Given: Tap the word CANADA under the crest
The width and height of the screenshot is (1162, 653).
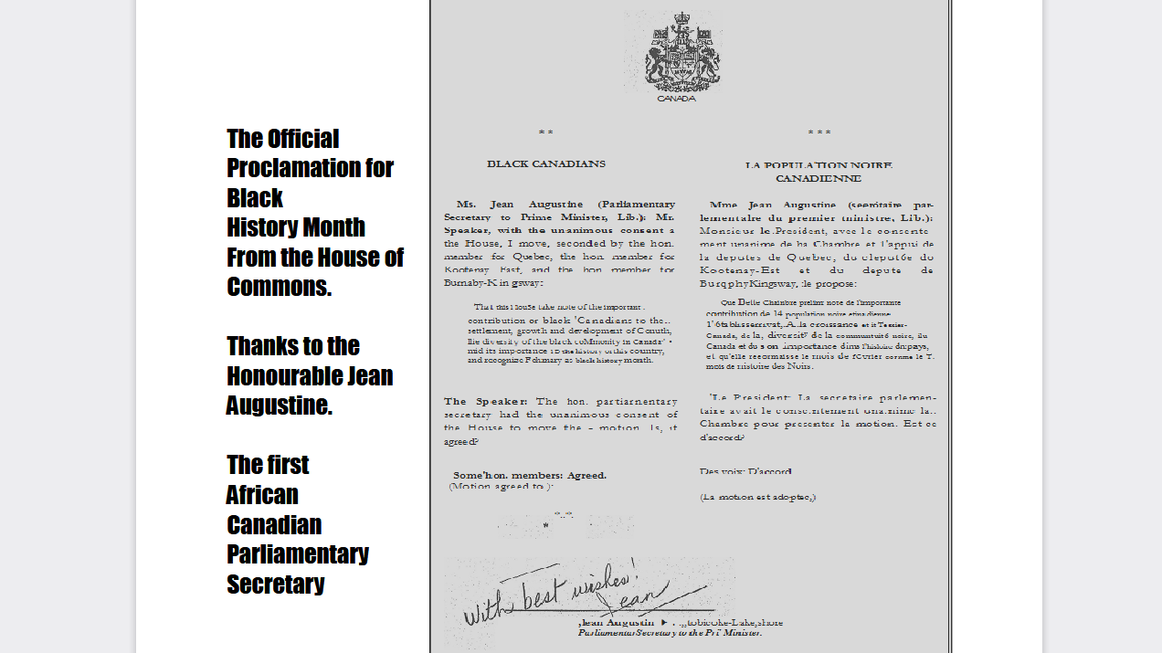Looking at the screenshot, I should click(676, 99).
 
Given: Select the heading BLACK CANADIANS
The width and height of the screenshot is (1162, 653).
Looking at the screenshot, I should click(545, 164).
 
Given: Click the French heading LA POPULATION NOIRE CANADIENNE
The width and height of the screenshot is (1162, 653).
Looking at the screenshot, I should click(819, 172).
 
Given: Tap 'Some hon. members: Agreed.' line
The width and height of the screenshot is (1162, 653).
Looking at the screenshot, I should click(530, 475).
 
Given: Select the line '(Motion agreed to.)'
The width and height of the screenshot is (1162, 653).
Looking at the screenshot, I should click(501, 487).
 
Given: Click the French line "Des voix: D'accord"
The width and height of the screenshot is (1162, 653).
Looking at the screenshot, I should click(745, 471).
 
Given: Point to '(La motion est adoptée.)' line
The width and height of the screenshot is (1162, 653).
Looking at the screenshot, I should click(757, 497).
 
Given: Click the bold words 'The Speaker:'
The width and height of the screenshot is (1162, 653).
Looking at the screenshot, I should click(486, 402).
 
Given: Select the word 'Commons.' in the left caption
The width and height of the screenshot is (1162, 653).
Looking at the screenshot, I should click(279, 287).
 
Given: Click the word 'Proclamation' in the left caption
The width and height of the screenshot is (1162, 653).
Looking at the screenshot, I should click(310, 168).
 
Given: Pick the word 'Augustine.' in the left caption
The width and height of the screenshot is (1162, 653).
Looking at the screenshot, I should click(280, 405).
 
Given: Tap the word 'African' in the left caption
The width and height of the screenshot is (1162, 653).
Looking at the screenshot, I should click(262, 495).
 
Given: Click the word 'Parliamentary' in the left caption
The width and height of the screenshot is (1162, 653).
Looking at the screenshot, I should click(298, 554).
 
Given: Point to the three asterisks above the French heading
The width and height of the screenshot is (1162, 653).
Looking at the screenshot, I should click(819, 133).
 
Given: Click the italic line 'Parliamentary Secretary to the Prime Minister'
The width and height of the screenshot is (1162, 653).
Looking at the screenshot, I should click(670, 632).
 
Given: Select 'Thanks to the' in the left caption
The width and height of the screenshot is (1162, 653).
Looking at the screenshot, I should click(293, 346).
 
